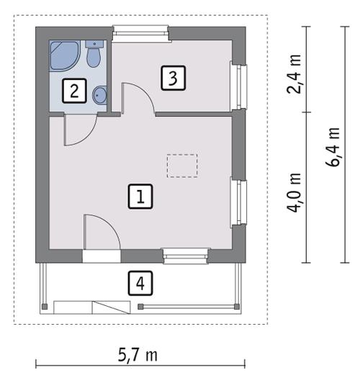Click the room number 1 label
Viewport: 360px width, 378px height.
coord(141,196)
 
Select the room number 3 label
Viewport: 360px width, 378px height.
coord(173,77)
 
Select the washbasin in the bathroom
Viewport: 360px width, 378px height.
coord(100,94)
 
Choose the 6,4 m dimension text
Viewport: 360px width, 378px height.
coord(332,148)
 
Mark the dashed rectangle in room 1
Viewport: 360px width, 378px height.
coord(181,166)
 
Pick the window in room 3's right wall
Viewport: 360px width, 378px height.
coord(235,84)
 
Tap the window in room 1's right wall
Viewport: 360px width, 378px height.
coord(235,202)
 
